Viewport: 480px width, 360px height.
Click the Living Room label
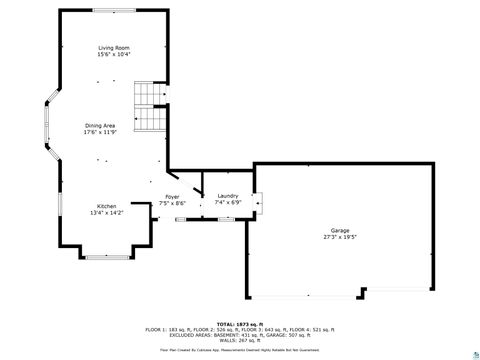[112, 48]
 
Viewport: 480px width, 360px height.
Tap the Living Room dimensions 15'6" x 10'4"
[112, 55]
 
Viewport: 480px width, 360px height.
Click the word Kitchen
[106, 205]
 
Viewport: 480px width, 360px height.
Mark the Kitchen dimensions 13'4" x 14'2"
[106, 212]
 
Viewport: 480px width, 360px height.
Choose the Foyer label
[172, 196]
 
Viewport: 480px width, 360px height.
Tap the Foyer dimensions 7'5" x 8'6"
[172, 203]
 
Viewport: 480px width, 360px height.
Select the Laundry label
[228, 195]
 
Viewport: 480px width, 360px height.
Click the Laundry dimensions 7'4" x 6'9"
[228, 202]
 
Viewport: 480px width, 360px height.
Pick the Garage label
[340, 230]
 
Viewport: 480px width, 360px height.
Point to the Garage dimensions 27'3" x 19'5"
[340, 237]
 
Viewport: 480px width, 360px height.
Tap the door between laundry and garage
[258, 205]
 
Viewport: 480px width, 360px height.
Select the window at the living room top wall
[111, 10]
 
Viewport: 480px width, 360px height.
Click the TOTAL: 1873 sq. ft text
[240, 323]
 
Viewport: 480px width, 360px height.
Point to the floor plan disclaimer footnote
[240, 350]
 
